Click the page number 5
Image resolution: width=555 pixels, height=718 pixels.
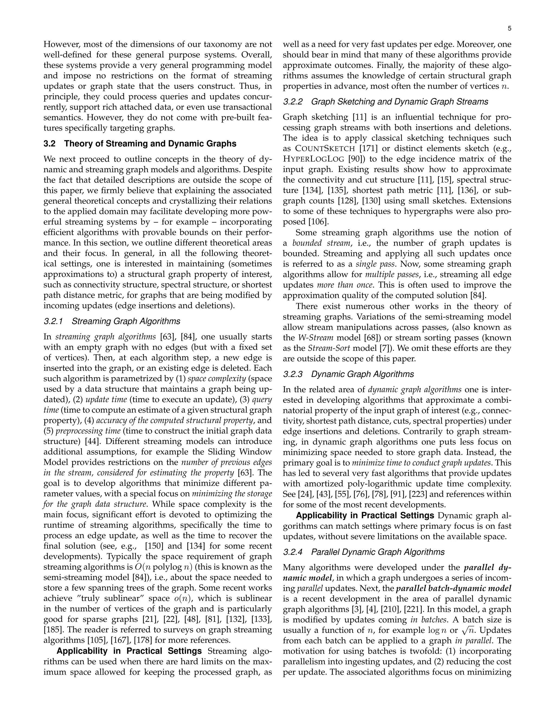pyautogui.click(x=509, y=29)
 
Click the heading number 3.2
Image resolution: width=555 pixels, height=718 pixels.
pyautogui.click(x=49, y=144)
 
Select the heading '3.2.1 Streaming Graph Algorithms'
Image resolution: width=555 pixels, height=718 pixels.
pyautogui.click(x=112, y=321)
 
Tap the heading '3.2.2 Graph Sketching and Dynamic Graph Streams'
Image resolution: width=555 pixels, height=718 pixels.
pyautogui.click(x=385, y=102)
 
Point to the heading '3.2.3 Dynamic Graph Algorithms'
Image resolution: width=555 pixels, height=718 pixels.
pyautogui.click(x=348, y=374)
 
